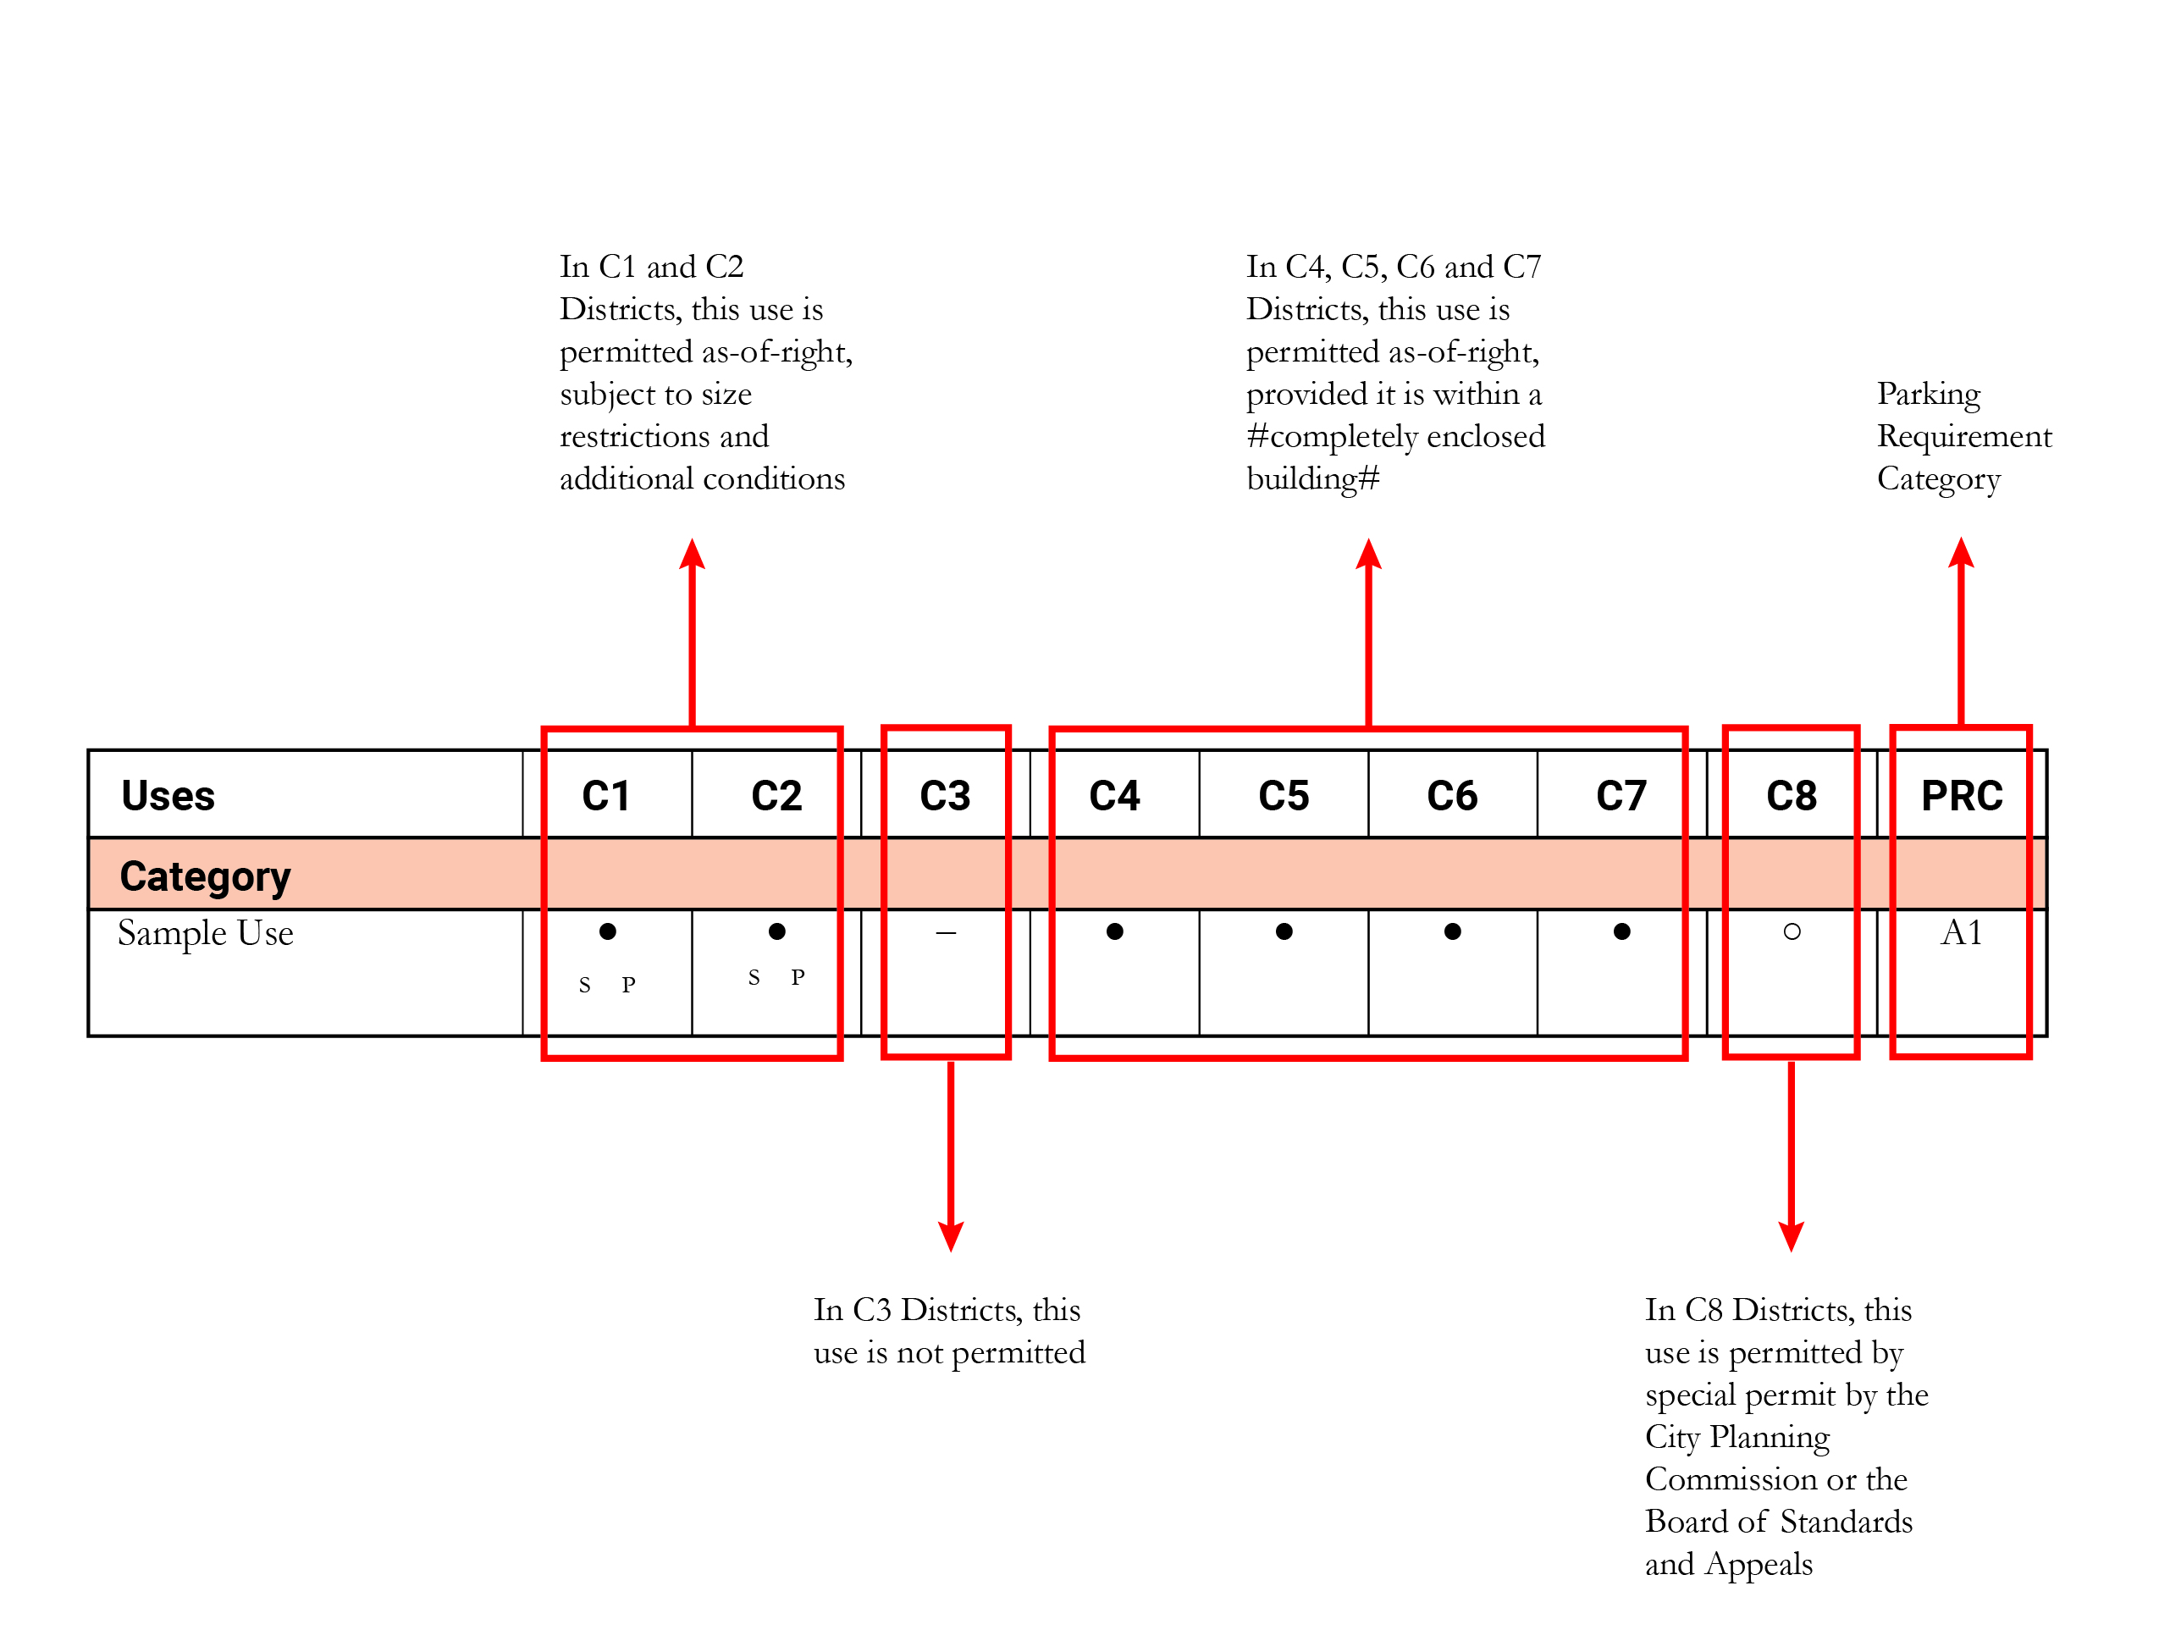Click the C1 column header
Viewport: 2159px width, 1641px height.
pos(605,796)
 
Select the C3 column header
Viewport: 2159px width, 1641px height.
pos(944,796)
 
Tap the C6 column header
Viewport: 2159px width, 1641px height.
pos(1451,796)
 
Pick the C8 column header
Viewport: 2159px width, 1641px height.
pos(1791,796)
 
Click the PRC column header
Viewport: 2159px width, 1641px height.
pos(1961,796)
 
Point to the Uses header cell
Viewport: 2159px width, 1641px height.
pos(168,796)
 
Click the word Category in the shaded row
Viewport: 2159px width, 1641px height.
pos(205,876)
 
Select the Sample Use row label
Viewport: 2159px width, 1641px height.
pos(205,933)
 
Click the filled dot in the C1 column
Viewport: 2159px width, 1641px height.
pos(607,931)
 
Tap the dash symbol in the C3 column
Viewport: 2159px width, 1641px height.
pos(945,933)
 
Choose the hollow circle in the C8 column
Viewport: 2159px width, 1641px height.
pos(1791,931)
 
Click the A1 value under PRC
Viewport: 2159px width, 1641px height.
pos(1961,933)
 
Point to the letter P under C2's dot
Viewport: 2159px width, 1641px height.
pos(798,977)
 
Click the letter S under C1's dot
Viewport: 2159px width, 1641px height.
pos(584,985)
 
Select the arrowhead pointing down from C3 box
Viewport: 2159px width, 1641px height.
pos(950,1235)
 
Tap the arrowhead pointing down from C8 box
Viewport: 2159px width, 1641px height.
pos(1791,1235)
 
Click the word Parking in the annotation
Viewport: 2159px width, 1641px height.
pos(1928,394)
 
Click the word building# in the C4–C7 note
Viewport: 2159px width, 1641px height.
pos(1312,478)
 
